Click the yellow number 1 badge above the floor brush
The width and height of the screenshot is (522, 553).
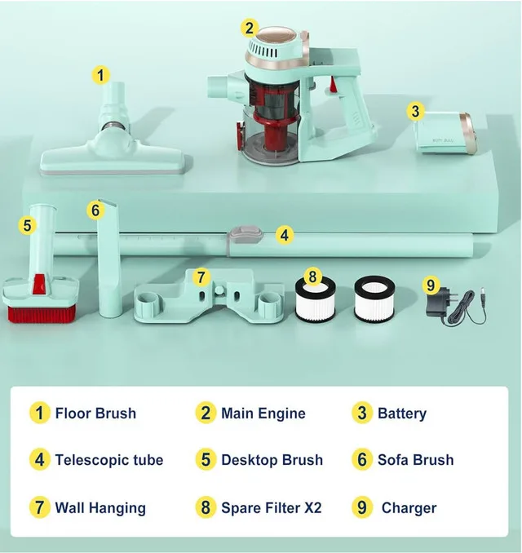pos(100,75)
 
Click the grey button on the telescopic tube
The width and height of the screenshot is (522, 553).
pos(243,236)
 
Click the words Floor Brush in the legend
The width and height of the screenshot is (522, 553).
pos(95,413)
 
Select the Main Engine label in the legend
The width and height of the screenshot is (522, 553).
pos(263,413)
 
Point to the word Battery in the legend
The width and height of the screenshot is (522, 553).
pos(401,414)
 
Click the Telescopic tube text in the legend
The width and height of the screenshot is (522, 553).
pos(108,460)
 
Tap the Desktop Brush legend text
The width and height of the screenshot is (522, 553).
pos(272,460)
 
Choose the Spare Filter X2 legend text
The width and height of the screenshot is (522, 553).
pos(271,507)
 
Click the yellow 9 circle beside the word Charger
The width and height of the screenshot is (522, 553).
pos(363,507)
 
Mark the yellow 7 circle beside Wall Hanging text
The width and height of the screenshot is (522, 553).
pos(38,507)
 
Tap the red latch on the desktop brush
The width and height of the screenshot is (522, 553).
pos(38,284)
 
